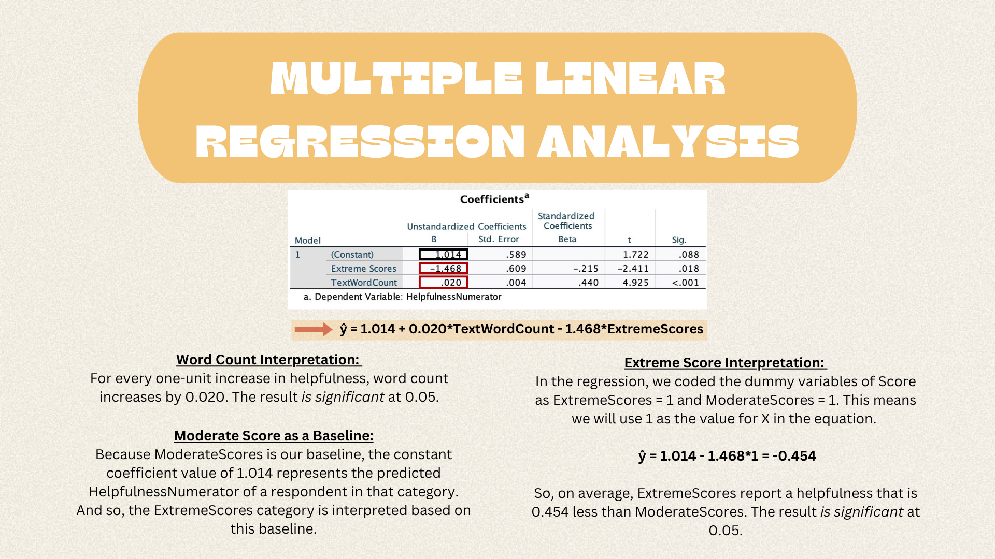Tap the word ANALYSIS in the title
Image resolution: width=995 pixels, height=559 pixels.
(x=668, y=141)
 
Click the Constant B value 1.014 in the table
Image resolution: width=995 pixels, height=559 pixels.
(x=444, y=255)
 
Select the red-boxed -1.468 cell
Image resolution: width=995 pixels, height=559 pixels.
(x=444, y=268)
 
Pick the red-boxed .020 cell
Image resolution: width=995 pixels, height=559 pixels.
(x=444, y=282)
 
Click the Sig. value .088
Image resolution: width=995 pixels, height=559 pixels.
(x=689, y=255)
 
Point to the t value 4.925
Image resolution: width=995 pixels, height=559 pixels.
(x=635, y=283)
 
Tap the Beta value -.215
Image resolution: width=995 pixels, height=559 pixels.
(x=586, y=269)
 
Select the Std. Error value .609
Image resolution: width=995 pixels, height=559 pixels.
(x=516, y=269)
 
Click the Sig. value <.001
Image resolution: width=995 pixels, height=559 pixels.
(x=686, y=283)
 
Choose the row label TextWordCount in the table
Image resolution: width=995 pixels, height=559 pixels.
(x=364, y=283)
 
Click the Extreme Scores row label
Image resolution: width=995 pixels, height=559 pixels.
(x=364, y=269)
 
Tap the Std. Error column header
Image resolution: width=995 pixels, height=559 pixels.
(x=499, y=239)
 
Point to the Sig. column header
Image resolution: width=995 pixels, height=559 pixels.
(x=679, y=240)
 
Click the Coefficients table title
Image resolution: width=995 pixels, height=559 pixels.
(x=494, y=199)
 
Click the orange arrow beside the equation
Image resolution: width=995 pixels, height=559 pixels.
(x=314, y=329)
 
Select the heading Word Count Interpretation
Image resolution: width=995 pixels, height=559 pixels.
(x=268, y=360)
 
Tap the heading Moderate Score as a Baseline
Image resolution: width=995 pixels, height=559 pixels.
(x=274, y=436)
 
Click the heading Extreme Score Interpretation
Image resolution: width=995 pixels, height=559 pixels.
(x=725, y=363)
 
